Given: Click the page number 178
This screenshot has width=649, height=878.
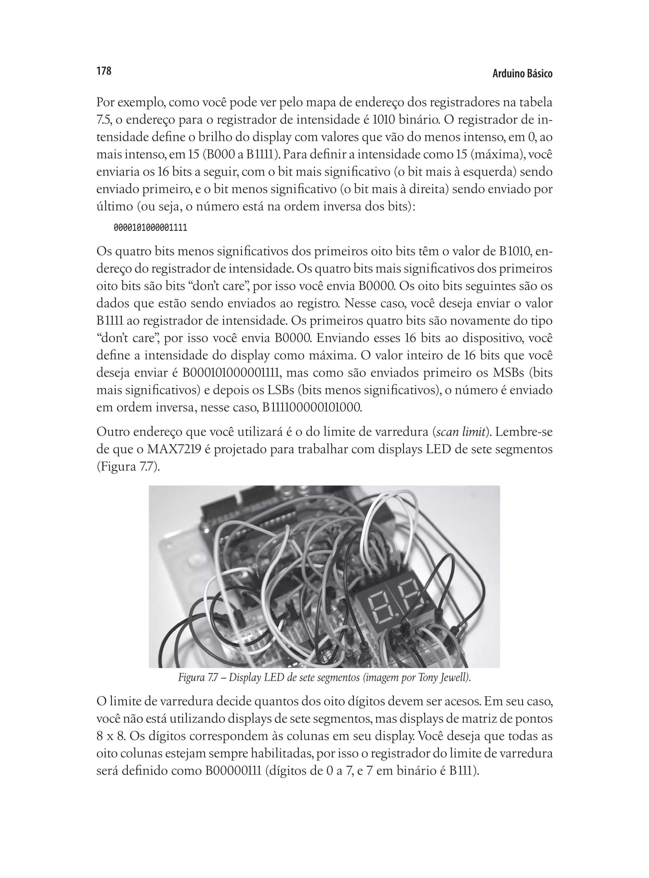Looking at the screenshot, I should click(104, 71).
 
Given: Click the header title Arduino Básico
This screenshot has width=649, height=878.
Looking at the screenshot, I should click(522, 74).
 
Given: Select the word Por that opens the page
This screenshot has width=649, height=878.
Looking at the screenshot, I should click(105, 103).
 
